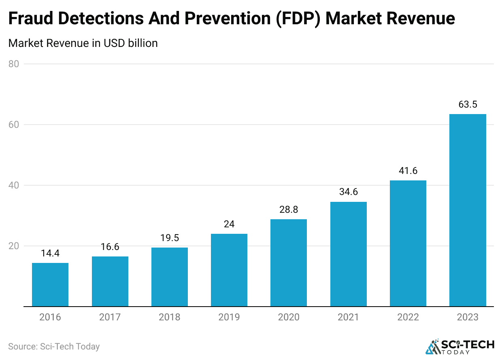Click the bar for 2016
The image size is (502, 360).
point(50,285)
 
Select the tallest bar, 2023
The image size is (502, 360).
point(468,210)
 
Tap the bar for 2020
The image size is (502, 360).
point(289,263)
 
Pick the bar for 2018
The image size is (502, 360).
point(170,277)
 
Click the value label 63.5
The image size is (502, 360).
point(468,104)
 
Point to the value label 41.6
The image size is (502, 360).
point(408,171)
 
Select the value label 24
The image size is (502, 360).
point(229,224)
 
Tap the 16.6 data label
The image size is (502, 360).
point(110,247)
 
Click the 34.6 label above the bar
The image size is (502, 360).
point(349,192)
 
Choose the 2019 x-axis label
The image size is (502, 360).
point(229,317)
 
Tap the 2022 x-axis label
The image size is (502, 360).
point(408,317)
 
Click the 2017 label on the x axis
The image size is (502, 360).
point(110,317)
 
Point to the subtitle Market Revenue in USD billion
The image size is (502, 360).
point(83,43)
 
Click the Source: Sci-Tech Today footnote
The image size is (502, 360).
point(54,347)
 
